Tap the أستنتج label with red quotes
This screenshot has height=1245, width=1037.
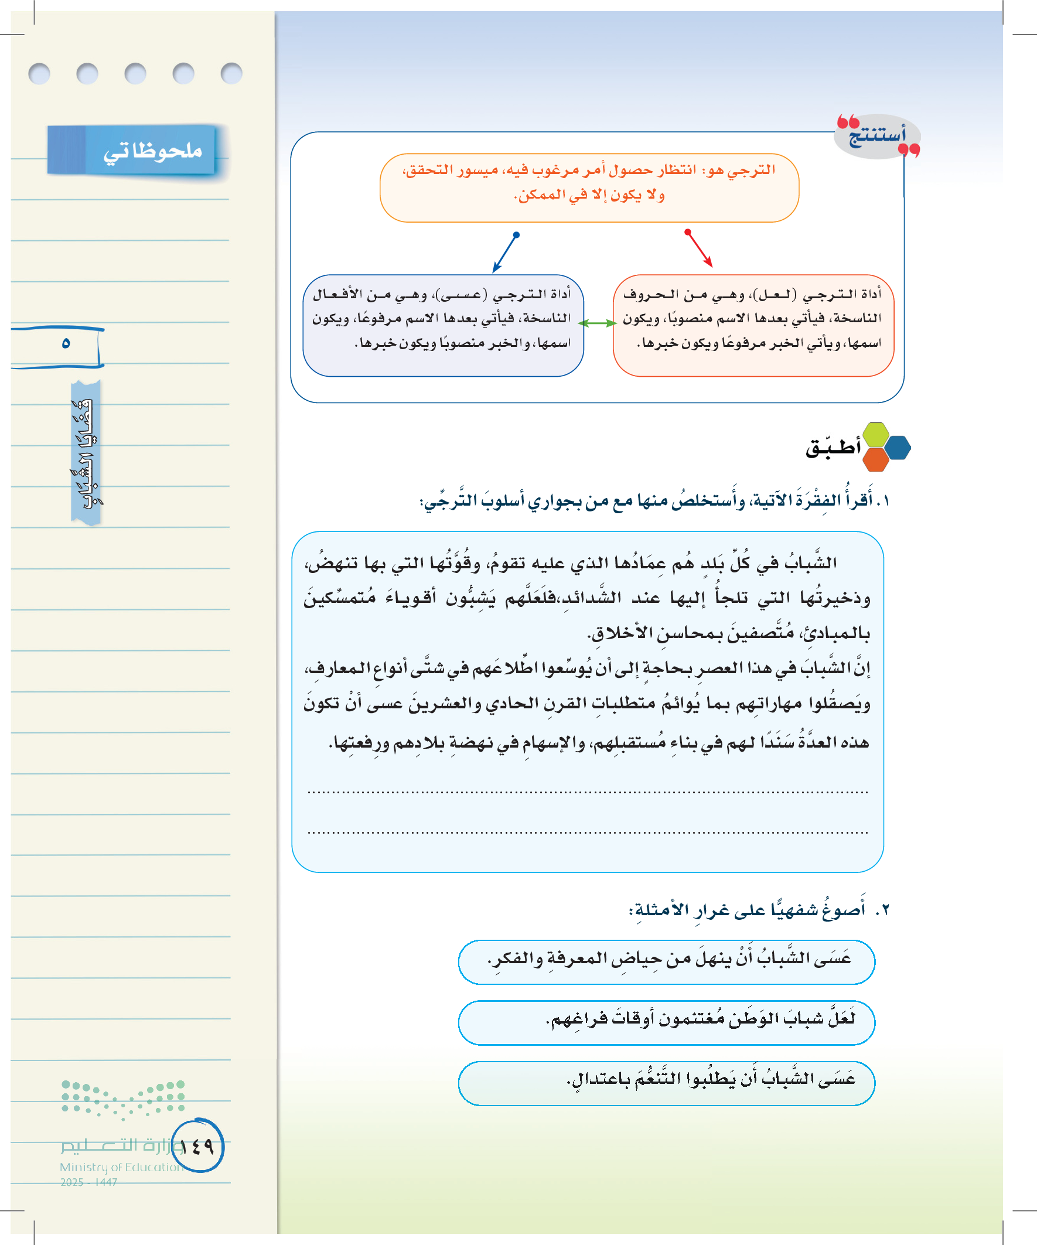877,136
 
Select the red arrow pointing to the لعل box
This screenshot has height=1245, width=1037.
698,248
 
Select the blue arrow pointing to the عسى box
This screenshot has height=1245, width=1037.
506,252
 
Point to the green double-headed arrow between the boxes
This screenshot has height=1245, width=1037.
598,323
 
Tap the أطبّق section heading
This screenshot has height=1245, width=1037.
833,448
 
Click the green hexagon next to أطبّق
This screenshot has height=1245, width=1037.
876,435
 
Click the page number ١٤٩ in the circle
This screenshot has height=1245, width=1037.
197,1146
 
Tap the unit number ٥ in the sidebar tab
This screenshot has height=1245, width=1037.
66,343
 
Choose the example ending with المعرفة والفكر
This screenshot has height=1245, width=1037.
669,959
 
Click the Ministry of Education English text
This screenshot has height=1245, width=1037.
120,1166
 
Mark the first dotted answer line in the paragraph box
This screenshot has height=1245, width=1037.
587,792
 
